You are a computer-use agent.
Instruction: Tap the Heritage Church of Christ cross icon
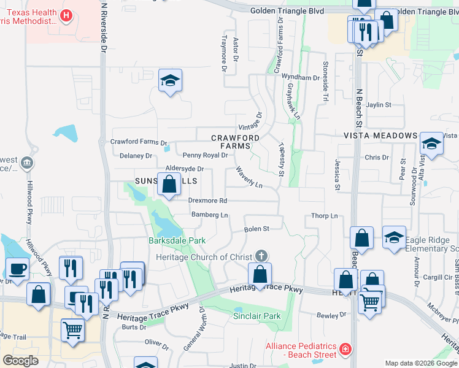pyautogui.click(x=262, y=255)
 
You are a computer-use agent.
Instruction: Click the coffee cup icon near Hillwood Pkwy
pyautogui.click(x=17, y=268)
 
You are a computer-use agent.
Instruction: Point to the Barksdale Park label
pyautogui.click(x=177, y=240)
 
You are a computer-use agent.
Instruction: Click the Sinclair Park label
pyautogui.click(x=256, y=316)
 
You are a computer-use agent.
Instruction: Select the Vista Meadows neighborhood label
pyautogui.click(x=380, y=136)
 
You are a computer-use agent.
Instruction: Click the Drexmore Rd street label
pyautogui.click(x=207, y=201)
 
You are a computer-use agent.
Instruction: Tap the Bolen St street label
pyautogui.click(x=257, y=229)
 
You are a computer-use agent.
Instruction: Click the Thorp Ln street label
pyautogui.click(x=325, y=216)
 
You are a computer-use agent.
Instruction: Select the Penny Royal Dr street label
pyautogui.click(x=206, y=155)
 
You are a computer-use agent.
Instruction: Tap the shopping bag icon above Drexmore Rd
pyautogui.click(x=169, y=184)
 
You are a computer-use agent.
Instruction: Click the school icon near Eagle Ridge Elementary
pyautogui.click(x=394, y=237)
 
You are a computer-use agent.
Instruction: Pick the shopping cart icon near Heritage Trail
pyautogui.click(x=72, y=331)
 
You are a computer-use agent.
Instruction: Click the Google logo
pyautogui.click(x=20, y=361)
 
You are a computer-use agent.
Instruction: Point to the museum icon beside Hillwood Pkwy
pyautogui.click(x=26, y=163)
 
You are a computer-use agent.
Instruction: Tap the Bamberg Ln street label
pyautogui.click(x=210, y=215)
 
